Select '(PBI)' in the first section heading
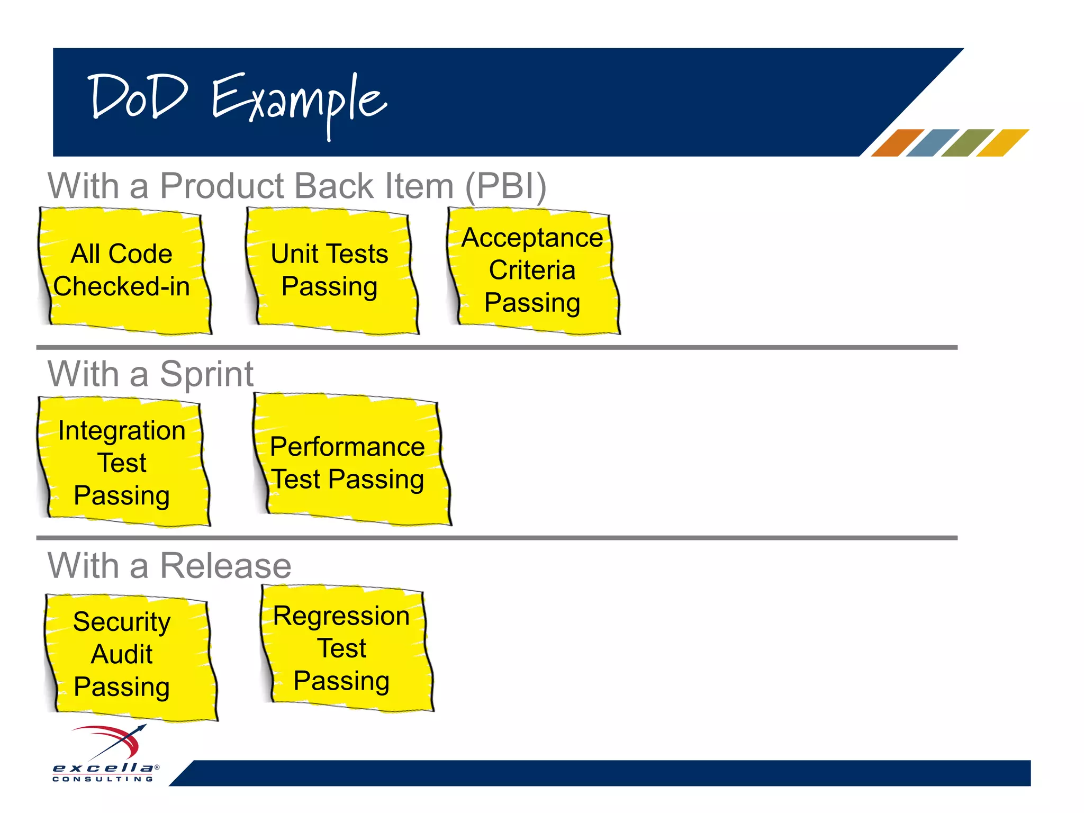pos(505,186)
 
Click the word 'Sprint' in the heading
pos(206,375)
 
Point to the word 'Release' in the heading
pos(225,566)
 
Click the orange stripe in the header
pos(897,143)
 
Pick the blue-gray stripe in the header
pos(932,143)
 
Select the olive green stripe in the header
pos(967,143)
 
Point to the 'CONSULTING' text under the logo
pos(103,779)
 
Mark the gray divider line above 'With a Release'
pos(496,538)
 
